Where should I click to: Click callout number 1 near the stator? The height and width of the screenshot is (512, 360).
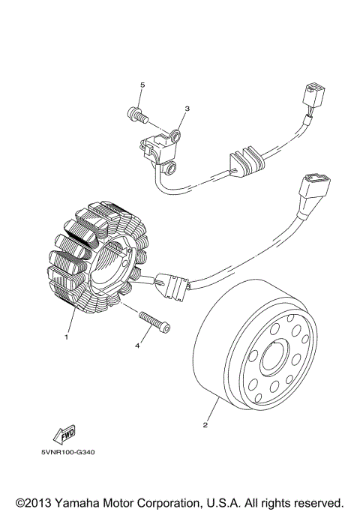tap(66, 337)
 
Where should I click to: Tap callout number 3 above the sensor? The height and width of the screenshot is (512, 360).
tap(187, 109)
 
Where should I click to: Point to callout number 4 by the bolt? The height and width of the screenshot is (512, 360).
tap(137, 346)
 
